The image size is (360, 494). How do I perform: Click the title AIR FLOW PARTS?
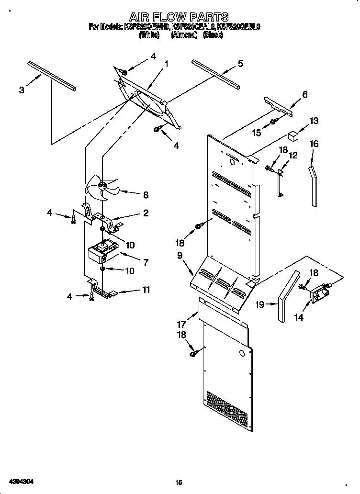[179, 18]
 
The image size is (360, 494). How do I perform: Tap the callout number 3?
[22, 90]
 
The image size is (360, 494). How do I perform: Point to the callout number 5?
[240, 63]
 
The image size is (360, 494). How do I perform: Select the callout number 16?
[314, 144]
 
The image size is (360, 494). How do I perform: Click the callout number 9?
[180, 256]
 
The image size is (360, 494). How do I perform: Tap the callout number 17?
[181, 324]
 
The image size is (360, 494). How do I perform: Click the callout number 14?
[299, 317]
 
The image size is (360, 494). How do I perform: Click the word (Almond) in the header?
[184, 35]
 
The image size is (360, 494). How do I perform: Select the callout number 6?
[305, 94]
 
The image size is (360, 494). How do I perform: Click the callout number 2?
[146, 213]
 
